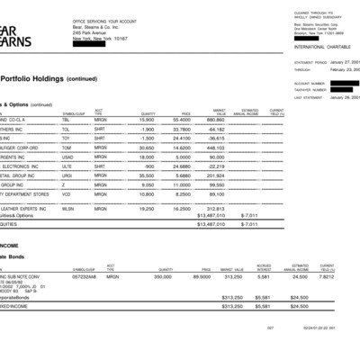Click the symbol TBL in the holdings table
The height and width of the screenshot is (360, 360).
(67, 120)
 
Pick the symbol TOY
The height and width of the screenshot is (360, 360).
(67, 138)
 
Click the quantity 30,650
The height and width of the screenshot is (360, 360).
(147, 147)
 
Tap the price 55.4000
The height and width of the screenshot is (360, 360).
(181, 120)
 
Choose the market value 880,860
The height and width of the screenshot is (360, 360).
(214, 120)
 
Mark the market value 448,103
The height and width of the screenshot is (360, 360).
(214, 147)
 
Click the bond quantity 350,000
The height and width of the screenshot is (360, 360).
(162, 278)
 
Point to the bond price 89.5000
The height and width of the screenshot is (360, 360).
(201, 278)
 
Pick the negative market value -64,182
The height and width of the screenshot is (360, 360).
(212, 129)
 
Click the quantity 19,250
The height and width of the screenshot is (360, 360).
(147, 207)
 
